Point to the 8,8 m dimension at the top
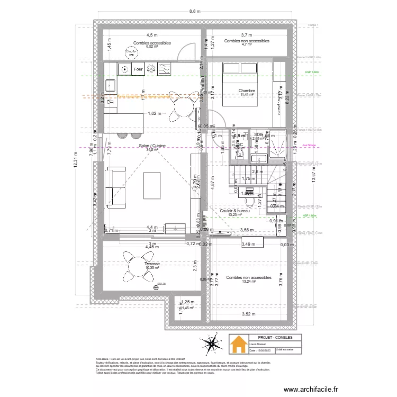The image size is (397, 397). [195, 11]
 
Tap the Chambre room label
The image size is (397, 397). [247, 91]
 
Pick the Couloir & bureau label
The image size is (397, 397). [234, 211]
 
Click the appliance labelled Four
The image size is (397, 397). [138, 69]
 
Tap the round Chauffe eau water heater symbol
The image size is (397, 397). [130, 53]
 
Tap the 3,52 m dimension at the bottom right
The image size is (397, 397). [249, 314]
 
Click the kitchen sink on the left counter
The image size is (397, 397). [110, 85]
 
